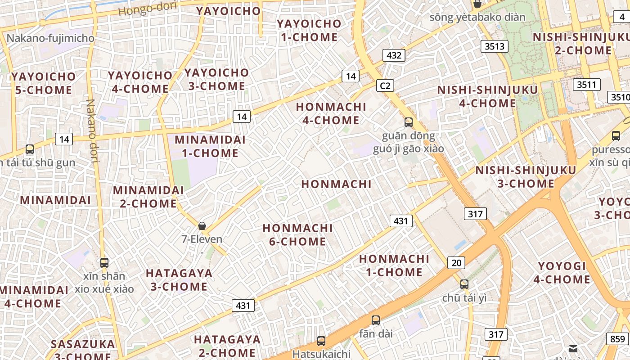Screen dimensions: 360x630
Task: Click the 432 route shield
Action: click(394, 55)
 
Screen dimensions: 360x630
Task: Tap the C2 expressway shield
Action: click(385, 85)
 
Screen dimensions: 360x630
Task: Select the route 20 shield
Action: click(456, 263)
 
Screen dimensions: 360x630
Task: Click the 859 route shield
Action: click(618, 339)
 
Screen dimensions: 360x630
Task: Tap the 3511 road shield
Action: click(586, 84)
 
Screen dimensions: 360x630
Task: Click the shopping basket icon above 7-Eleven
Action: click(202, 226)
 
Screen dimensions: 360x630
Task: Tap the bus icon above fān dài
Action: click(376, 320)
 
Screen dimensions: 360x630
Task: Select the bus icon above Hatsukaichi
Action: click(321, 341)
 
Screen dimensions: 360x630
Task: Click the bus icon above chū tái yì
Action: click(464, 284)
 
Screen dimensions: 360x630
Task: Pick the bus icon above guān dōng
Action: click(409, 122)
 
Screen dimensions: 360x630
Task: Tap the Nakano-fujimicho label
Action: click(50, 38)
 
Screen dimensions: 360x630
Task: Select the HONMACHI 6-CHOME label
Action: click(297, 235)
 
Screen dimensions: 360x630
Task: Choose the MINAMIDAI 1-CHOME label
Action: click(210, 146)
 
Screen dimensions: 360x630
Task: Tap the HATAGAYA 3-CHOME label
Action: click(179, 280)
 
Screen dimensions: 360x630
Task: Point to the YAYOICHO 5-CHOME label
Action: click(44, 83)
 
